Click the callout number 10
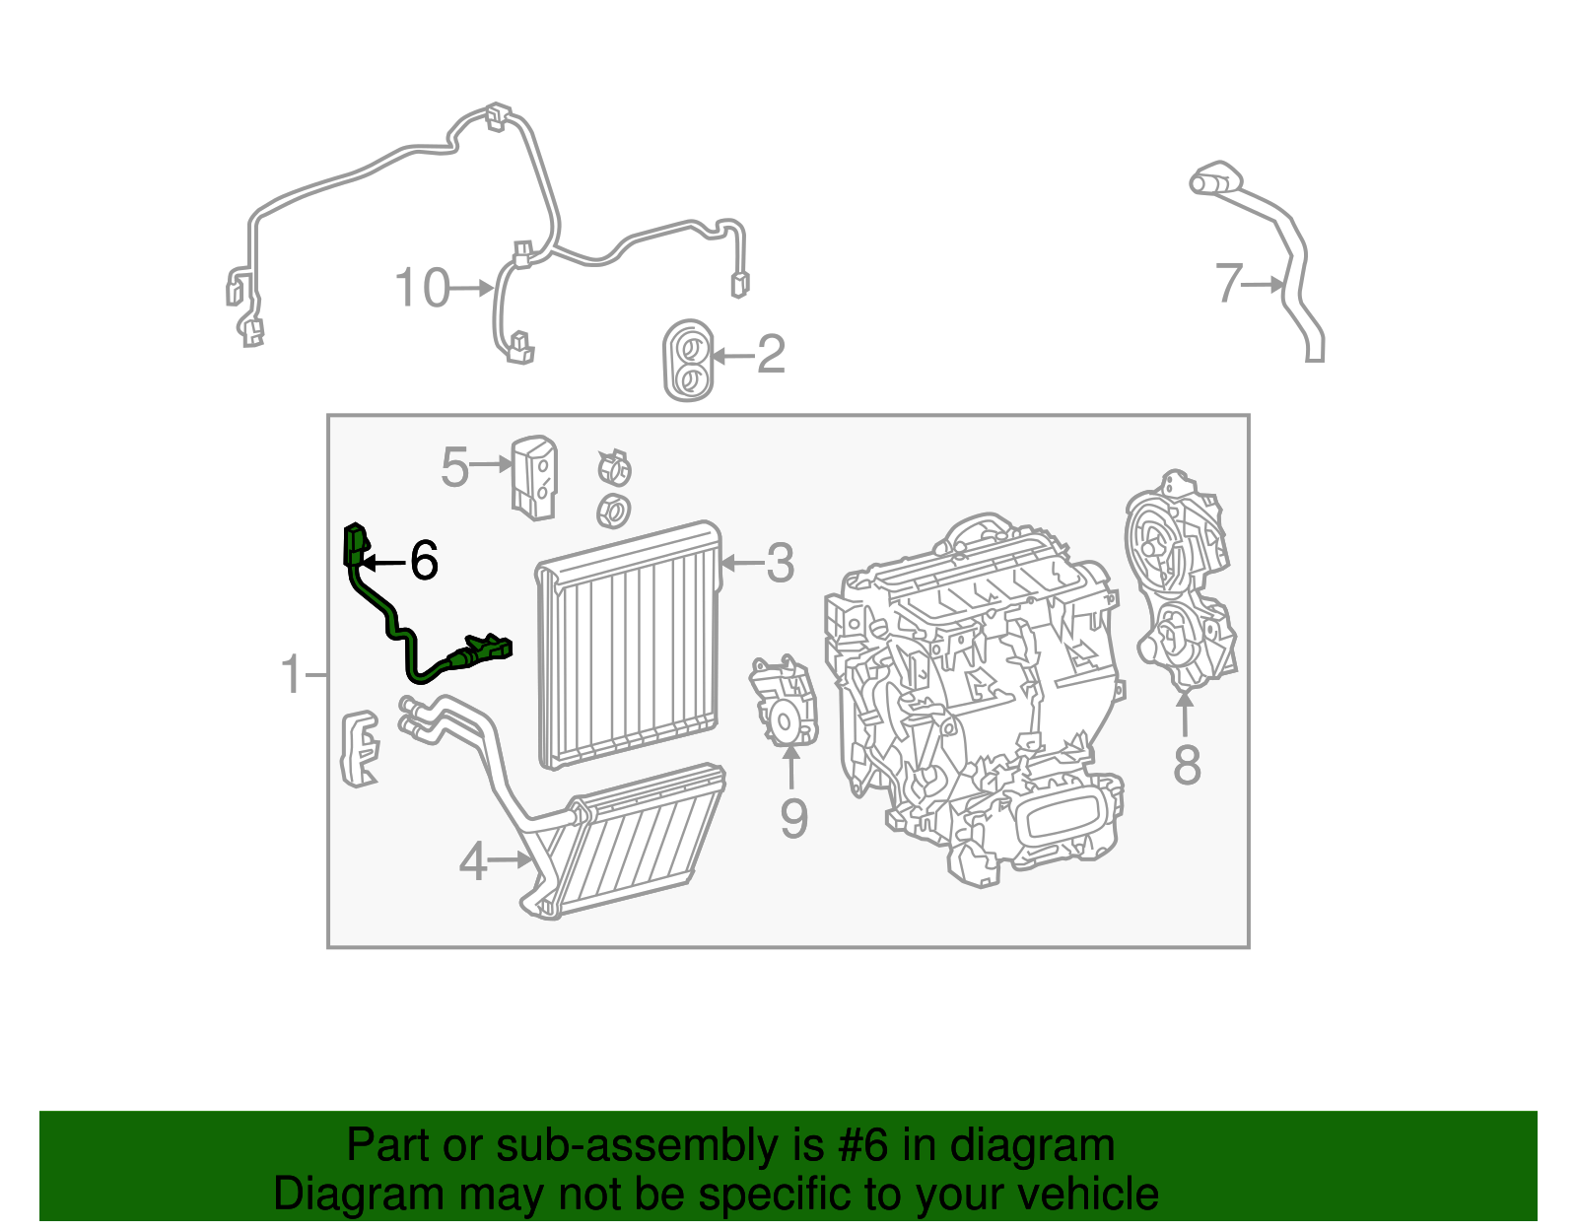(x=421, y=288)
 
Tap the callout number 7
(x=1228, y=284)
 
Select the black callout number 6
(x=424, y=561)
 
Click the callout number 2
(x=771, y=354)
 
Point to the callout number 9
(x=793, y=818)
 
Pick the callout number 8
(x=1187, y=765)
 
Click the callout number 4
(x=473, y=861)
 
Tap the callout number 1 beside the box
(x=291, y=675)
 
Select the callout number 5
(x=453, y=466)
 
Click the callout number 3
(x=780, y=563)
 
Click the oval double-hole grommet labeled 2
(x=687, y=361)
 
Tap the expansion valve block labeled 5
(x=533, y=477)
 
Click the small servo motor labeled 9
(x=784, y=701)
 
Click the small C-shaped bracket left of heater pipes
(x=360, y=748)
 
